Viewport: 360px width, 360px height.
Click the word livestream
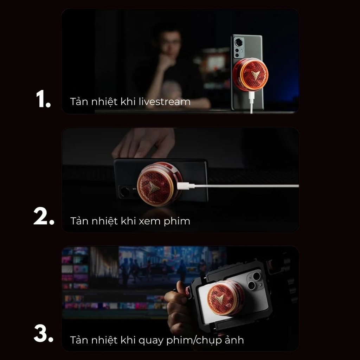tap(165, 102)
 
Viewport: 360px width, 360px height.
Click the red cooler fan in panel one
tap(250, 74)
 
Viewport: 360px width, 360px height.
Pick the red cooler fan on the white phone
tap(225, 298)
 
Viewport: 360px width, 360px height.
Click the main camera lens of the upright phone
tap(239, 43)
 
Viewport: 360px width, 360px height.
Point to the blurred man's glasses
tap(171, 43)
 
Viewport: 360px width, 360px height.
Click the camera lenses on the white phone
tap(255, 280)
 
